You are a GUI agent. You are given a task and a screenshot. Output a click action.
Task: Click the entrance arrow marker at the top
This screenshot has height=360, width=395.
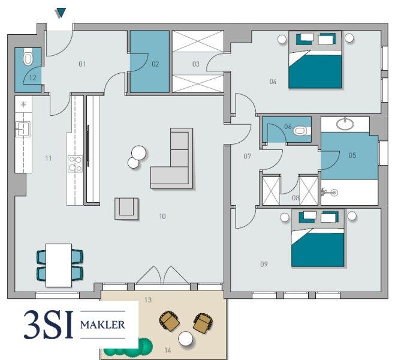tap(61, 13)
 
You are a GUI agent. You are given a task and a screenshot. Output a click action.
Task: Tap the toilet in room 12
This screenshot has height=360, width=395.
tap(28, 58)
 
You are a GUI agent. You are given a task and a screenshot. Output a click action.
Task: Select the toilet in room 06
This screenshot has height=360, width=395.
tap(301, 131)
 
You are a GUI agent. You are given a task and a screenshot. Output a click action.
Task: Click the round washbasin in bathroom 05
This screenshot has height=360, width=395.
tap(345, 124)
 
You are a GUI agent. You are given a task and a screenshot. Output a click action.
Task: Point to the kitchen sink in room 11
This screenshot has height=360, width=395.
tap(23, 129)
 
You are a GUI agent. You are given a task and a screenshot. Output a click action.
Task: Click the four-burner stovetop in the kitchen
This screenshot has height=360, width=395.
tap(75, 164)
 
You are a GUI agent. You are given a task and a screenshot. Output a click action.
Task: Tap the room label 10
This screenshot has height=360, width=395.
tap(162, 217)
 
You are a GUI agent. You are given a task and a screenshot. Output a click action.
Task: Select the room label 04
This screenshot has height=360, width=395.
tap(273, 82)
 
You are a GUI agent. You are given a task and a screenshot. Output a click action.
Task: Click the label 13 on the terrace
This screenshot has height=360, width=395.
tap(148, 300)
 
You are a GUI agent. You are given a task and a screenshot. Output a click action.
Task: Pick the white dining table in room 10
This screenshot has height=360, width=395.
tap(59, 265)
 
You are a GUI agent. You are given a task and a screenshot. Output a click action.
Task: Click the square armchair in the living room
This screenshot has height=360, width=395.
tap(126, 208)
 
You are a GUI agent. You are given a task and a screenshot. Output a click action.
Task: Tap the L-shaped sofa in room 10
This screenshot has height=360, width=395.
tap(172, 158)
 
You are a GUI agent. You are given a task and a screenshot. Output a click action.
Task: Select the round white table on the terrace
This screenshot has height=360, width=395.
tap(185, 338)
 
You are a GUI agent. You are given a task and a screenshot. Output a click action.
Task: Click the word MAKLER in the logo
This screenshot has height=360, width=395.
tap(102, 325)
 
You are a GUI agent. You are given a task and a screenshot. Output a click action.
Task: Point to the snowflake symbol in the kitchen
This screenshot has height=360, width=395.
tap(23, 104)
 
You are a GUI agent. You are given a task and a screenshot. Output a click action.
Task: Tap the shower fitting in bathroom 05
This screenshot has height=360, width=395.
tap(330, 193)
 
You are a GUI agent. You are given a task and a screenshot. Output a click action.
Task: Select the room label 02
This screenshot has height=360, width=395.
tap(155, 64)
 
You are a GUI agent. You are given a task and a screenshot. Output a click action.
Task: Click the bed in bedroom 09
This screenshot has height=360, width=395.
tap(318, 238)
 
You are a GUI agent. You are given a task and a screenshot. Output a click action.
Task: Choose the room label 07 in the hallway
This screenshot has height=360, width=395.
tap(248, 157)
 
